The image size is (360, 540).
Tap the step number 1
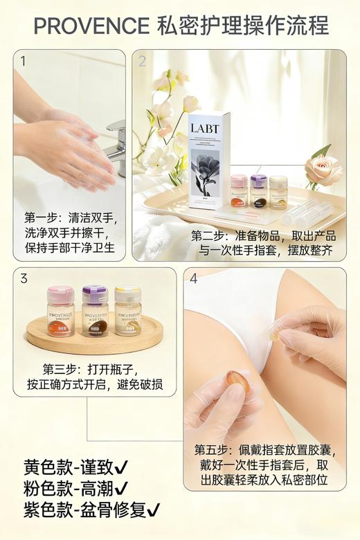pyautogui.click(x=23, y=61)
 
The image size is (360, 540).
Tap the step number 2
pyautogui.click(x=143, y=61)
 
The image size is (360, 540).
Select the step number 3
pyautogui.click(x=24, y=279)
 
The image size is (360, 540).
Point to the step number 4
pyautogui.click(x=194, y=279)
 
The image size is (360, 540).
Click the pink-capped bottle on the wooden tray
pyautogui.click(x=61, y=312)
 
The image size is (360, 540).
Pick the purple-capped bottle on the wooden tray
pyautogui.click(x=95, y=312)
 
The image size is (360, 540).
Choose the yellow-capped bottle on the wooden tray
pyautogui.click(x=128, y=312)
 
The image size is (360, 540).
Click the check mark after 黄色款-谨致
pyautogui.click(x=121, y=466)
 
